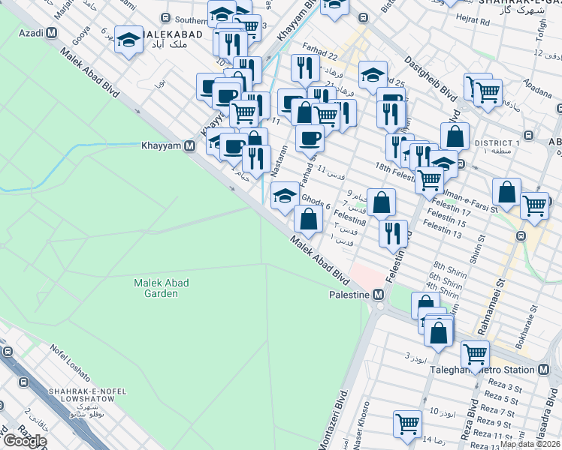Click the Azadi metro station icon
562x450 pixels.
pos(51,33)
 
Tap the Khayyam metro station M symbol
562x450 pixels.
pos(191,145)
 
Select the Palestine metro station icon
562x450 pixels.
pos(379,295)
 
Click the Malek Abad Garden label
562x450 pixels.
pos(162,288)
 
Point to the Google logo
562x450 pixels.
pos(25,441)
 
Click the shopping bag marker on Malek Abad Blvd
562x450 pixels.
pos(308,219)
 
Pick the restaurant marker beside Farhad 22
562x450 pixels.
pos(305,67)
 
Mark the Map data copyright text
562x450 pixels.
pos(530,444)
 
